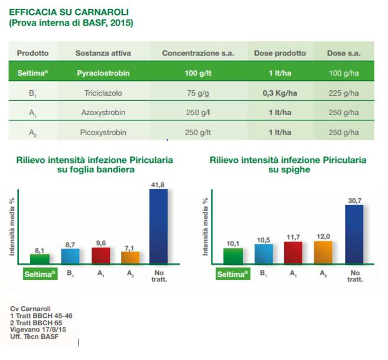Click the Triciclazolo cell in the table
click(103, 93)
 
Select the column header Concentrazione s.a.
click(198, 53)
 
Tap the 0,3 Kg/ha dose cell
click(280, 93)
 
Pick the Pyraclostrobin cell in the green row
click(103, 73)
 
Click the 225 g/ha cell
click(344, 93)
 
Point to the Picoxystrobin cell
click(103, 132)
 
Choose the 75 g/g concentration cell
click(198, 93)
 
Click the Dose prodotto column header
click(280, 53)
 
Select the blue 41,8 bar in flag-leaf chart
click(159, 227)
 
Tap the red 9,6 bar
click(101, 256)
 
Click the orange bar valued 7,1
click(130, 258)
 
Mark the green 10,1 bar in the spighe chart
click(233, 256)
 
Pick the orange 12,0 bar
click(323, 253)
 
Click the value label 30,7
click(354, 201)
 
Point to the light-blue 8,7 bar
click(70, 256)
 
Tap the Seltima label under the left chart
click(40, 274)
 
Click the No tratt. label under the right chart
click(355, 276)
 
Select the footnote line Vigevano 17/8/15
click(38, 329)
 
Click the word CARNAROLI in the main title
click(102, 12)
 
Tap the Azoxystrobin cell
click(103, 113)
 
